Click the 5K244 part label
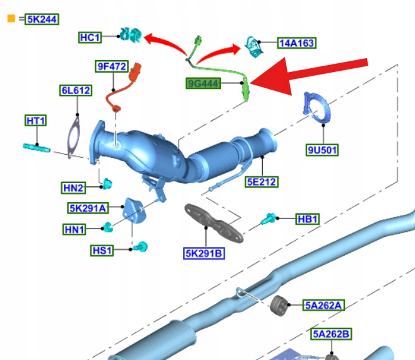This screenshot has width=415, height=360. (42, 20)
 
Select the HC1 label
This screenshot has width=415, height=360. (90, 38)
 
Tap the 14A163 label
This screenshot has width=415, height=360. (296, 44)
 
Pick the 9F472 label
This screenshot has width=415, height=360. (111, 66)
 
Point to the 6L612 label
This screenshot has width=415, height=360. (75, 91)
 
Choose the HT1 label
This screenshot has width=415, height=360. (35, 121)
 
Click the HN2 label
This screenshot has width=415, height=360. (73, 188)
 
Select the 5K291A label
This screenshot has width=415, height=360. (88, 208)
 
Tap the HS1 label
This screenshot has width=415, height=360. (102, 251)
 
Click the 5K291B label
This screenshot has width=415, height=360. (204, 254)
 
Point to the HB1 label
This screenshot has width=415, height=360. (308, 219)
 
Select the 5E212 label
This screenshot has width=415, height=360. (262, 183)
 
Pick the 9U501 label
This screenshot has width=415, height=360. (322, 150)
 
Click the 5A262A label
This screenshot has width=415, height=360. (324, 306)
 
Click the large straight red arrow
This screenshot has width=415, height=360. (316, 74)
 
